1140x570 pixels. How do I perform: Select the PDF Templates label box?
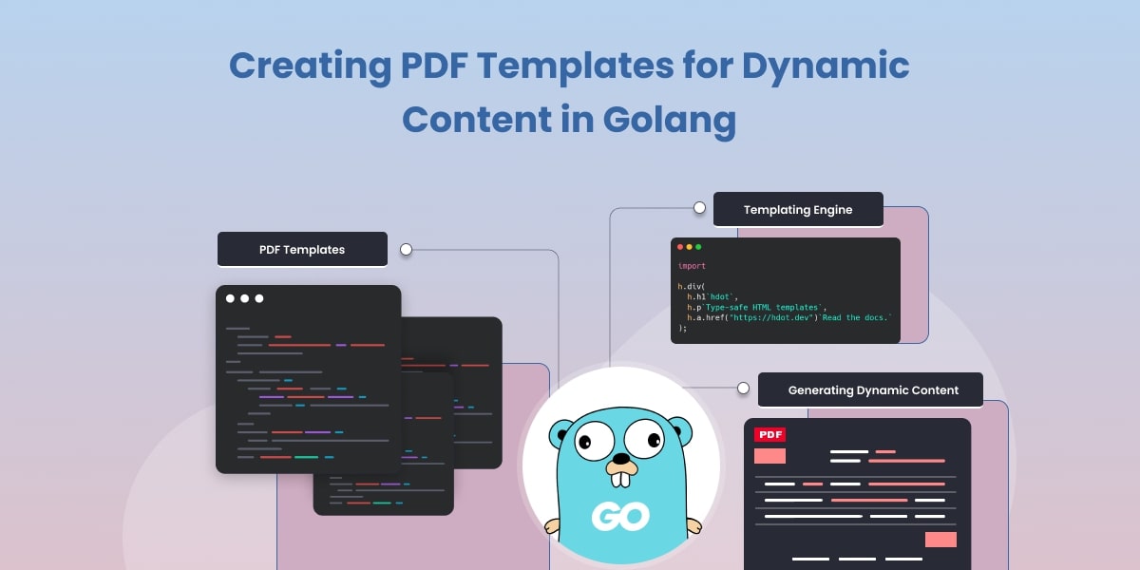[302, 250]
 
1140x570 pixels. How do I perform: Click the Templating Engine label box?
[798, 209]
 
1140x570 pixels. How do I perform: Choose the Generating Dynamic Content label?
[870, 389]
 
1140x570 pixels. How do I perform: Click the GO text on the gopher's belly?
[620, 516]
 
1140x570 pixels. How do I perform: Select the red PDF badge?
[769, 434]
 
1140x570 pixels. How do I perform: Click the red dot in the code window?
[680, 247]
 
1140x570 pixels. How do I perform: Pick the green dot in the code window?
[698, 247]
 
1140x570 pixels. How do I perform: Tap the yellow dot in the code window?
[689, 247]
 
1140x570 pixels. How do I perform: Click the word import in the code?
[692, 266]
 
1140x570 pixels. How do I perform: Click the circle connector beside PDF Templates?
[406, 250]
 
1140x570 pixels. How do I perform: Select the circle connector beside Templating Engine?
[699, 207]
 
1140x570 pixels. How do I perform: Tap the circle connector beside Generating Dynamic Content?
[744, 388]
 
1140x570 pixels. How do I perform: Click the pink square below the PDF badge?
[769, 456]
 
